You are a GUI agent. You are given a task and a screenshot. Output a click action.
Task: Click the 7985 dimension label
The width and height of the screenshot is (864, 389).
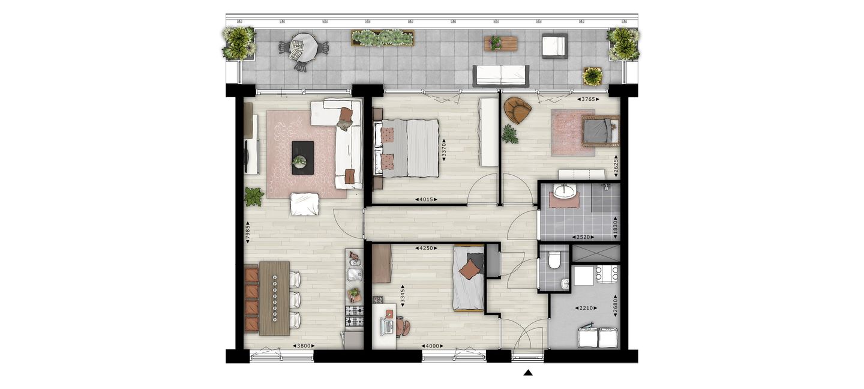point(248,232)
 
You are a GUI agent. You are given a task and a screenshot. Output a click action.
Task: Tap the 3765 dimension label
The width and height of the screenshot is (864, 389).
point(588,99)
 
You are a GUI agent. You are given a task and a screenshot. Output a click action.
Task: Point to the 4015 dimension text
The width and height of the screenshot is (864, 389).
point(426,199)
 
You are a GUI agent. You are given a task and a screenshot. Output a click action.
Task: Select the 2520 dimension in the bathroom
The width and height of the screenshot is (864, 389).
point(583,237)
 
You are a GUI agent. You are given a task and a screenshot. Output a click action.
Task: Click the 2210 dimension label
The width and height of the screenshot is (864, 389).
point(586,308)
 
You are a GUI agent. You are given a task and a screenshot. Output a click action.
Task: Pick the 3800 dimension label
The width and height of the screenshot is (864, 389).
point(304,346)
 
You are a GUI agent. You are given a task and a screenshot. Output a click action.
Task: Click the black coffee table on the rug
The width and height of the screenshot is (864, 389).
point(303,158)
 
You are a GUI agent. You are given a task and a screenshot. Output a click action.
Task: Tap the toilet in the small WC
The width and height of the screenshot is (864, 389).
point(554,261)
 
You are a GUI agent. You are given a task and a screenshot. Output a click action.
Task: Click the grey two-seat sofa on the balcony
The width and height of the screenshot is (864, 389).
point(501,76)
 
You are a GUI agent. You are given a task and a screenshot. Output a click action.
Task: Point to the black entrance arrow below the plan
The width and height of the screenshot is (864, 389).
point(528,372)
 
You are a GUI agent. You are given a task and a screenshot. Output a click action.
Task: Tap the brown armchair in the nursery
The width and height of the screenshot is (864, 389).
point(518,110)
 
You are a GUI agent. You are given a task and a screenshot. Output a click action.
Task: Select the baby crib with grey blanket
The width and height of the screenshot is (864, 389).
point(601,131)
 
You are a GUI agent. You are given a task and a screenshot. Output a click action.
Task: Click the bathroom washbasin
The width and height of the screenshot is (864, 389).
point(565,191)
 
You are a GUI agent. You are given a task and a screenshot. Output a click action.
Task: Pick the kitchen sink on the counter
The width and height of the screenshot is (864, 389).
point(355,275)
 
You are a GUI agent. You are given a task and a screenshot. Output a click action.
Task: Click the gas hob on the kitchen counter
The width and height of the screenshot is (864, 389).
point(355,316)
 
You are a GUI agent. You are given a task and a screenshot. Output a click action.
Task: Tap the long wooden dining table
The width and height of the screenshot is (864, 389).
point(274,298)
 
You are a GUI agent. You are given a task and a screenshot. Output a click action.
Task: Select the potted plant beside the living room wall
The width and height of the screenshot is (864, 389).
point(254,196)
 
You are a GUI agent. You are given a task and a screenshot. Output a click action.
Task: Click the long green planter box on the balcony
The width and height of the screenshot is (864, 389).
point(382,38)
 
